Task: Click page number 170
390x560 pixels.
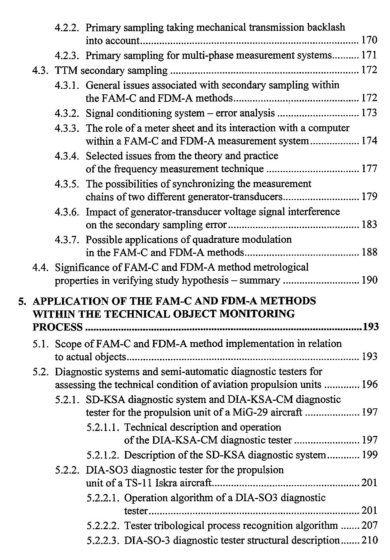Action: (369, 41)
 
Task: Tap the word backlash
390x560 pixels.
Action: (328, 27)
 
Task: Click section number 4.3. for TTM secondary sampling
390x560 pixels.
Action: (41, 70)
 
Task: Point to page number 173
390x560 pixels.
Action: (369, 113)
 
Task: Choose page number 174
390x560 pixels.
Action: (369, 141)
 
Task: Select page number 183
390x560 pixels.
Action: (369, 225)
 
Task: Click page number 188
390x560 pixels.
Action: (369, 252)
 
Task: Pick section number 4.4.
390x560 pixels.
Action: (41, 267)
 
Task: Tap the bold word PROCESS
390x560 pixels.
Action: (57, 327)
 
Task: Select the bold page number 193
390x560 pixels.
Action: (371, 327)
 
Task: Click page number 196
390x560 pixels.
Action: (369, 385)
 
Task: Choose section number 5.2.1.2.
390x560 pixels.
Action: (103, 455)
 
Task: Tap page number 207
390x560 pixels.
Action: (369, 526)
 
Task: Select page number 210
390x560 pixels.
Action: (369, 540)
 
